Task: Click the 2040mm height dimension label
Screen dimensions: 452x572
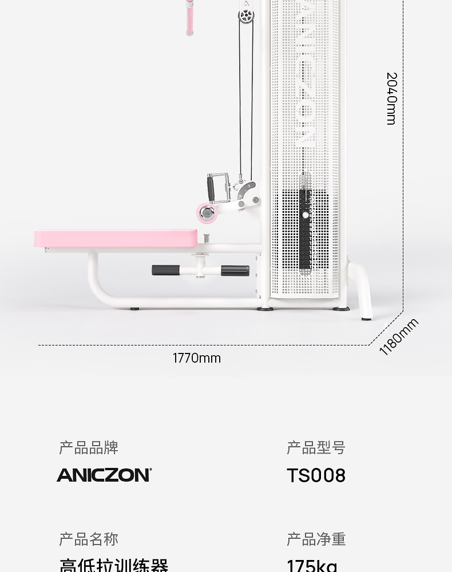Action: [391, 98]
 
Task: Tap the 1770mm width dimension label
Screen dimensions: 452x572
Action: [196, 358]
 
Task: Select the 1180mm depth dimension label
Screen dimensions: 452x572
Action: [399, 336]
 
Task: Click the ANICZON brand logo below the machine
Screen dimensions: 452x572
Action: [104, 475]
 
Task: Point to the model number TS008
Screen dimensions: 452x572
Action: [316, 475]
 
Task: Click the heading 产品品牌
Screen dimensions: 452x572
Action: [89, 448]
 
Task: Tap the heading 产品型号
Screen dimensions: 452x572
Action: [316, 448]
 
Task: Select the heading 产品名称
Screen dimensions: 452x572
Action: [89, 539]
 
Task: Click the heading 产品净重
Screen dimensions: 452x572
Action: [316, 539]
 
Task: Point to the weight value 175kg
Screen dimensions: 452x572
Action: [312, 565]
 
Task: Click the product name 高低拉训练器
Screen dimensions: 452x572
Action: [114, 565]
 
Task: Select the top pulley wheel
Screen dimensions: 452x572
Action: [246, 14]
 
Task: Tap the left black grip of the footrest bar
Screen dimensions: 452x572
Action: [164, 270]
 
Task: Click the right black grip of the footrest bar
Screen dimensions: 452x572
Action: [235, 271]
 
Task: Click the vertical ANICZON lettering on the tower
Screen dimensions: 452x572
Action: [306, 71]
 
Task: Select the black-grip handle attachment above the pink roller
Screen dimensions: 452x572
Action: [211, 187]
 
